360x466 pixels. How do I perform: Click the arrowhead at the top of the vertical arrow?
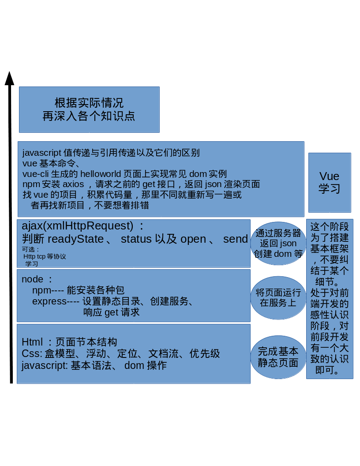[x=9, y=78]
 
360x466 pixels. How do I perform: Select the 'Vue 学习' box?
[x=330, y=182]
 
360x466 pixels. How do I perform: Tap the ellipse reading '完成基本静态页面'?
[x=278, y=357]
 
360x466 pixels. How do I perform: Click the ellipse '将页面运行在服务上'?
[x=278, y=298]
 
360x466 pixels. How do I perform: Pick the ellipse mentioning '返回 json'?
[x=278, y=243]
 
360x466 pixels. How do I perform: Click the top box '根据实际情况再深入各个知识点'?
[x=89, y=109]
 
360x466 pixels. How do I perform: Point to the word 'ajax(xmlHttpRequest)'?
[x=78, y=226]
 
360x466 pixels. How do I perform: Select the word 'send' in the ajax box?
[x=236, y=239]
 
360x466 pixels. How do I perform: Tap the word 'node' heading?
[x=33, y=279]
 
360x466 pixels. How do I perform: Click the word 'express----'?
[x=56, y=301]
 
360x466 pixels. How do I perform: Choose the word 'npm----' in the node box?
[x=48, y=290]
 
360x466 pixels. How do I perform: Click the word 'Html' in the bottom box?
[x=32, y=342]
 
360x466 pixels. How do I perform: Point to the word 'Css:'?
[x=32, y=353]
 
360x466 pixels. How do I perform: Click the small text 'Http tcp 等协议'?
[x=45, y=256]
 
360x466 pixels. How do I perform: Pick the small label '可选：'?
[x=31, y=249]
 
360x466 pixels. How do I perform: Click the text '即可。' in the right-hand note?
[x=329, y=370]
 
